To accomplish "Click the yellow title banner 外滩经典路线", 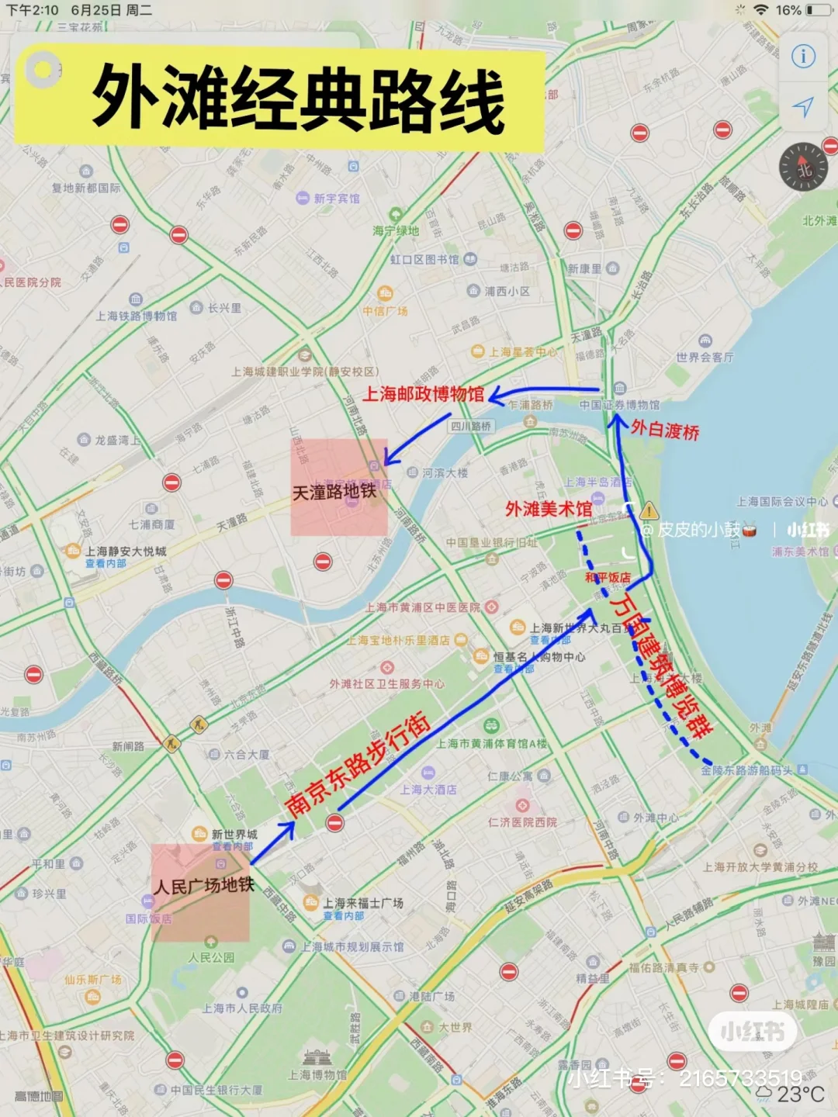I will (298, 99).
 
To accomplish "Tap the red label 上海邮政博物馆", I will (423, 394).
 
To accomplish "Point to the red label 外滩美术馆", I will (549, 509).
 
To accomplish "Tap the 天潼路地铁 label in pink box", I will (334, 492).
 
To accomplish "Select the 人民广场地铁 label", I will (204, 885).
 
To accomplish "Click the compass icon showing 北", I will (803, 167).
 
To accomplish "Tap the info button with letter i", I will (803, 57).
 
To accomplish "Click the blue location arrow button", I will (803, 107).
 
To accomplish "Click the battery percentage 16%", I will (788, 10).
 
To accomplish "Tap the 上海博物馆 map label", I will (317, 1074).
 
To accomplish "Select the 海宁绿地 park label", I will (396, 230).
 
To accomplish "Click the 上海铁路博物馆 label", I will (137, 316).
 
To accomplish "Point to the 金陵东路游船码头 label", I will (746, 770).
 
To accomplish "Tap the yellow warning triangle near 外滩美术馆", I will (649, 510).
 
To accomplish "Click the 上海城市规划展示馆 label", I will (352, 946).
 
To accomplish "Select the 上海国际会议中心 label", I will (782, 502).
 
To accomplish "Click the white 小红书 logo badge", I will (752, 1032).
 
